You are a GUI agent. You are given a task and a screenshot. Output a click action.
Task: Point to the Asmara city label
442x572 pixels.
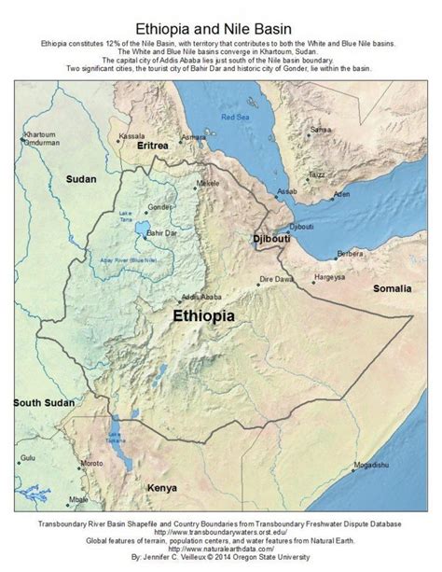pos(193,137)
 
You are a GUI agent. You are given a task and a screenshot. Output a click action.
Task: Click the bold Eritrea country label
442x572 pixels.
pos(152,147)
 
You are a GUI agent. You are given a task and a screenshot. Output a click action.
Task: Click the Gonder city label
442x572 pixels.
pos(160,205)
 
